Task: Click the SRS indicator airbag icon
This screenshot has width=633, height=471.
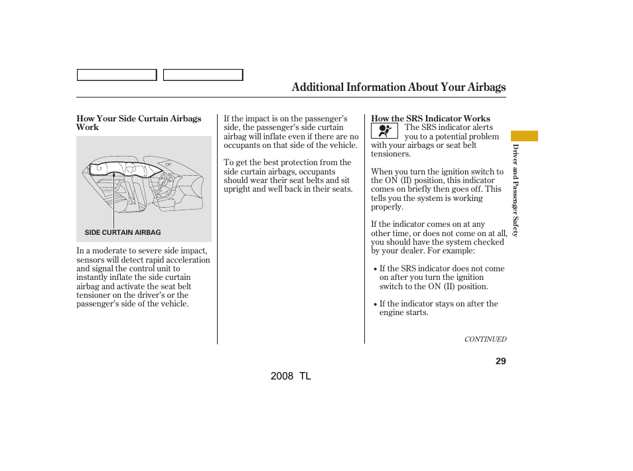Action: coord(384,131)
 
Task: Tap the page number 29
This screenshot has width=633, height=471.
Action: coord(500,361)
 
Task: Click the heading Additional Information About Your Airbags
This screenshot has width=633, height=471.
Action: coord(398,88)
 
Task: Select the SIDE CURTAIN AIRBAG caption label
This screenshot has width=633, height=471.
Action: coord(123,233)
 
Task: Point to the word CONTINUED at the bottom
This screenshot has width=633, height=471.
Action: coord(485,339)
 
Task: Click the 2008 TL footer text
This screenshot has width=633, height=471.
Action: coord(291,376)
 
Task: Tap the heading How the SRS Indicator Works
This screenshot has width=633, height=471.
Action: coord(430,119)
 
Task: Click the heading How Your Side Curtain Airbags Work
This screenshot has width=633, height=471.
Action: coord(139,123)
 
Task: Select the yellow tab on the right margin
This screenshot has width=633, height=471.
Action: coord(524,136)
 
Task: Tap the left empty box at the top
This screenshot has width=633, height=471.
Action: coord(116,75)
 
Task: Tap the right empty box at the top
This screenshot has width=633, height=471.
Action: coord(203,75)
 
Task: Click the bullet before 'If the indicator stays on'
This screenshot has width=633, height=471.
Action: coord(375,304)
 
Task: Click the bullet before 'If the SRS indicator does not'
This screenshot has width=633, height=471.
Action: coord(375,269)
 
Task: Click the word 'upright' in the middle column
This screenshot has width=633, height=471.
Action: coord(238,189)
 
